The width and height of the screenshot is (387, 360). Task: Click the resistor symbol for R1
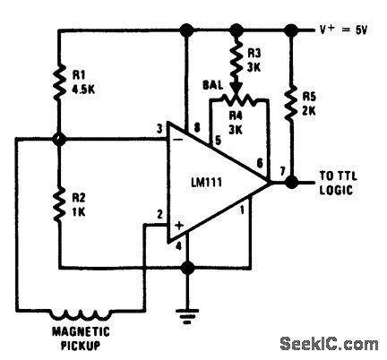[x=58, y=83]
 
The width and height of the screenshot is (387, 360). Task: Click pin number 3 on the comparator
[x=158, y=132]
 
